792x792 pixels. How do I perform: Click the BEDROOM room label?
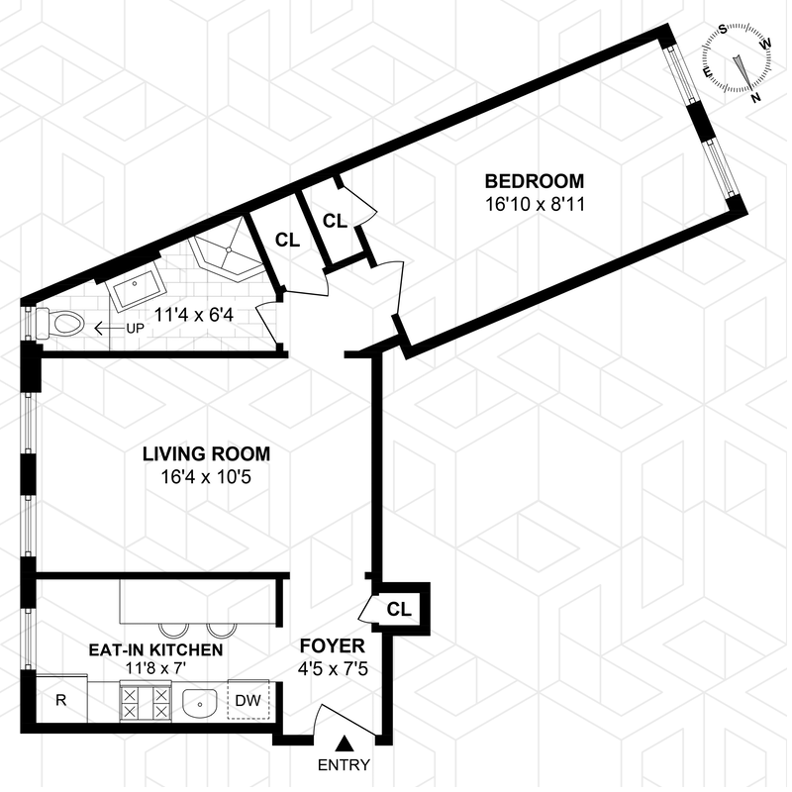(534, 181)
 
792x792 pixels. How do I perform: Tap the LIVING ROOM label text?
(206, 454)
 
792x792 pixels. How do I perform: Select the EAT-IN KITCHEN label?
(154, 650)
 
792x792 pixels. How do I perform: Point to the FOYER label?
(333, 646)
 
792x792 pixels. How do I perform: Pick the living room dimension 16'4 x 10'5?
(206, 478)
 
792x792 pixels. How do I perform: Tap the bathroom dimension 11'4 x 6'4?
(194, 318)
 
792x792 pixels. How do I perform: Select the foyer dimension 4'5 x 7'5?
(333, 669)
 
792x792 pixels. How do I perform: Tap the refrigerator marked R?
(60, 701)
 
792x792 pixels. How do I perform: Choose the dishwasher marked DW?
(247, 701)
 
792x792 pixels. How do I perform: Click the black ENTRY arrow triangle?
(345, 742)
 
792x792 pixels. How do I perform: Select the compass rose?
(740, 61)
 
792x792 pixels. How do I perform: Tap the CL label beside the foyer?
(399, 608)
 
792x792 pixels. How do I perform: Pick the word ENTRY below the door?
(345, 764)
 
